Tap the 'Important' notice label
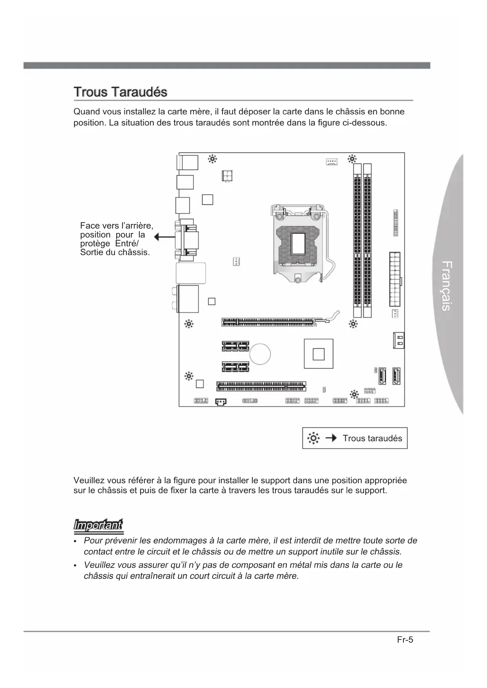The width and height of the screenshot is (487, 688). (98, 525)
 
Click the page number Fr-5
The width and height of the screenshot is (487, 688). (405, 640)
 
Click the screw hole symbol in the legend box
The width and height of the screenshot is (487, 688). (313, 438)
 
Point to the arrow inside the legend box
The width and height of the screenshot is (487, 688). (331, 438)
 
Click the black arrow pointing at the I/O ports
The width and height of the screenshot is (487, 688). (164, 237)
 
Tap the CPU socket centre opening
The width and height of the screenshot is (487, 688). (298, 243)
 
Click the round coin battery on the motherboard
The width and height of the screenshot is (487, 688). (261, 353)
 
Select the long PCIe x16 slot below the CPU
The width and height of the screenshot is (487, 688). (269, 322)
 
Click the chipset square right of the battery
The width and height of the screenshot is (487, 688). (318, 354)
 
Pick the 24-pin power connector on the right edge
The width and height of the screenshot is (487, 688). (395, 279)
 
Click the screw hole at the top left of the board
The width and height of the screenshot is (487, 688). (212, 159)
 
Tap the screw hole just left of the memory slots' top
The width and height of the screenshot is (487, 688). (352, 159)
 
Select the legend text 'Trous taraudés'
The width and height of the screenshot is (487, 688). (372, 438)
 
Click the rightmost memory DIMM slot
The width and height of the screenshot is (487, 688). (367, 240)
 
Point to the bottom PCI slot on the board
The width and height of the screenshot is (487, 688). (261, 386)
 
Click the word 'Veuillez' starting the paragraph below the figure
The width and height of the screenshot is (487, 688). (89, 481)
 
